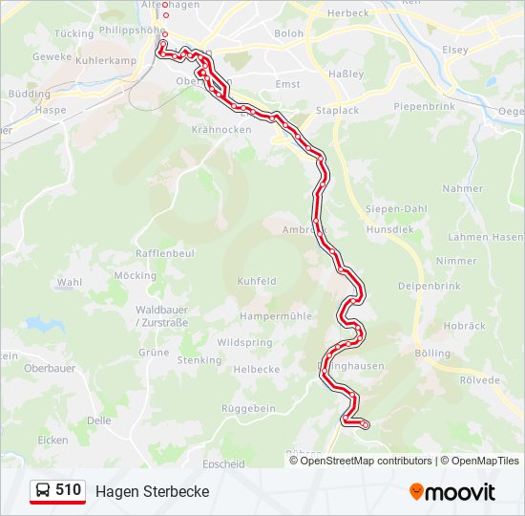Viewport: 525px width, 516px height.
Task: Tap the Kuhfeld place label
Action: coord(257,282)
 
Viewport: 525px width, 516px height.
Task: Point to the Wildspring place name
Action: coord(244,342)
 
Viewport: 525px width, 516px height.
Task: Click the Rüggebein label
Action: coord(249,408)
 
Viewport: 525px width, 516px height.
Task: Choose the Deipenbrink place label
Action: coord(430,286)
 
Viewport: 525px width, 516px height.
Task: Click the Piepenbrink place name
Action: coord(428,106)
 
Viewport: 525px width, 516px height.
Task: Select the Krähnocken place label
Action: coord(220,129)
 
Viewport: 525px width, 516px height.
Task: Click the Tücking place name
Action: coord(74,33)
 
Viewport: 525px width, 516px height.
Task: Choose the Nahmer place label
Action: coord(463,188)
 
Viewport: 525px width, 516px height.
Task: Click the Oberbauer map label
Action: coord(50,368)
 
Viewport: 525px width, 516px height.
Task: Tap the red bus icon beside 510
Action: coord(43,491)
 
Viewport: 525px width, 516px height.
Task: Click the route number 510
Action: coord(68,490)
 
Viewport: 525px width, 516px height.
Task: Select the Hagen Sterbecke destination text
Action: coord(152,491)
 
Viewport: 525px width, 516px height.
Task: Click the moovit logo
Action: coord(452,492)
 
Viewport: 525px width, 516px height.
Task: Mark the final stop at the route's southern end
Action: coord(365,423)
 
